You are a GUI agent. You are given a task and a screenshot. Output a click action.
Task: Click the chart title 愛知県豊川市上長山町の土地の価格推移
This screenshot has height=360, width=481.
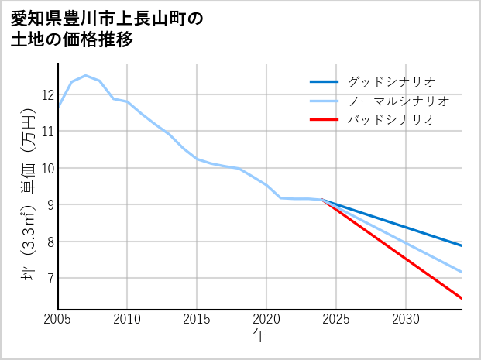108,29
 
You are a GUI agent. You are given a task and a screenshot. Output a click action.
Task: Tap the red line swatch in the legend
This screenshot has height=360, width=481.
324,120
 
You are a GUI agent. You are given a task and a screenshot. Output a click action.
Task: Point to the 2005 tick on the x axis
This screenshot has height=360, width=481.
58,318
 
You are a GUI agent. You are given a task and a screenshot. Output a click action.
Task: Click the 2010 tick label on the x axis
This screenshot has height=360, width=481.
127,318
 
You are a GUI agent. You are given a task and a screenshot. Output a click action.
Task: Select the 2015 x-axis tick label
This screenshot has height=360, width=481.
197,318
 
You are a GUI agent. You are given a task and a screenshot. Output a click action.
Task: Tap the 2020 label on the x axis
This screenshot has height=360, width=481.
266,318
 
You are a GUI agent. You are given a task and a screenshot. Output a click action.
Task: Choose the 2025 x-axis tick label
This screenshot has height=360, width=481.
336,318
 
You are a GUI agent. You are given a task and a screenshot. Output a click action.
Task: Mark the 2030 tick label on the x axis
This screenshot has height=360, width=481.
406,318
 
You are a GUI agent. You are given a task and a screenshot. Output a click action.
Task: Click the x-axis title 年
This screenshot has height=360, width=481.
259,336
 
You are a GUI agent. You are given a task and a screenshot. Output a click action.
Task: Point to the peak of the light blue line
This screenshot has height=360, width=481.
85,76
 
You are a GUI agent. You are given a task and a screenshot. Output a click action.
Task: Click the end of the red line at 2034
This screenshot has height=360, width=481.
461,297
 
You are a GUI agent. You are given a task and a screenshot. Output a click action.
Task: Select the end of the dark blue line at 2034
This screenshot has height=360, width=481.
461,245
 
